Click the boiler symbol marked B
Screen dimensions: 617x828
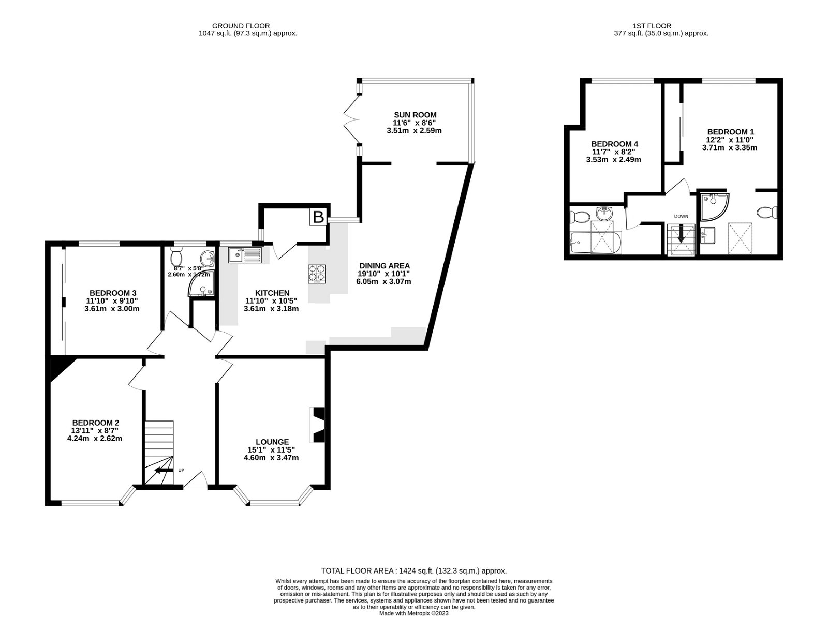pyautogui.click(x=318, y=218)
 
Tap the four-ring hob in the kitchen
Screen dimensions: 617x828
pyautogui.click(x=317, y=274)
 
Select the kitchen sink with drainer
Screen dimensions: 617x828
pyautogui.click(x=245, y=254)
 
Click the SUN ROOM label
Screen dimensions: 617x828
pyautogui.click(x=415, y=115)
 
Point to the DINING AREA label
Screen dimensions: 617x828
pyautogui.click(x=385, y=266)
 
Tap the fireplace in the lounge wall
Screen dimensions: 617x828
pyautogui.click(x=317, y=425)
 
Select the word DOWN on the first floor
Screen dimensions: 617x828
pyautogui.click(x=681, y=216)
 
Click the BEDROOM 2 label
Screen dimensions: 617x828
pyautogui.click(x=96, y=422)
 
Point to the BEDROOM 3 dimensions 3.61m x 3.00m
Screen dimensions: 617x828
pyautogui.click(x=112, y=309)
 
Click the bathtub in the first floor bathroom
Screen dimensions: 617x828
pyautogui.click(x=594, y=243)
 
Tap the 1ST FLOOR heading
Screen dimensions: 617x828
pyautogui.click(x=652, y=26)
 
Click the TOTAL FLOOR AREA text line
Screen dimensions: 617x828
pyautogui.click(x=414, y=571)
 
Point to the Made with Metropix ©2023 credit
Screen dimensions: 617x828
pyautogui.click(x=414, y=613)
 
